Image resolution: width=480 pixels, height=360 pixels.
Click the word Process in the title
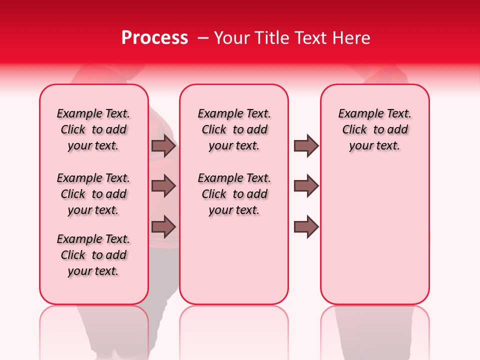154,38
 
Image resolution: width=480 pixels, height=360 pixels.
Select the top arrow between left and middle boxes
163,145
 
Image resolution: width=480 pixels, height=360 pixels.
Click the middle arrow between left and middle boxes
163,186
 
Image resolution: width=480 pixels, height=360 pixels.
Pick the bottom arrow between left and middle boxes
163,226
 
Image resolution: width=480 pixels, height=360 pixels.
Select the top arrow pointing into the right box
306,145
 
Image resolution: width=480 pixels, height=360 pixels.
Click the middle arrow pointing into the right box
306,186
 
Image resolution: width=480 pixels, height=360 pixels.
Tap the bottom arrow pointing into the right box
306,226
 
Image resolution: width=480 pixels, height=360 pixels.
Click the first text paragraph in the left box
93,129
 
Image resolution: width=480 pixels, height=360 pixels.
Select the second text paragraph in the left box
93,194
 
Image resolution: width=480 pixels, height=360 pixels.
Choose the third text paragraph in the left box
93,255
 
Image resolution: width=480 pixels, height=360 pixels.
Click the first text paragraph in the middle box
234,129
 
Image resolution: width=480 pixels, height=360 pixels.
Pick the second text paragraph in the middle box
234,194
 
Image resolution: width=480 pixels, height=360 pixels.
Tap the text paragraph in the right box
374,129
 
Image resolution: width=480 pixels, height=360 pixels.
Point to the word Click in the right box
354,130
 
